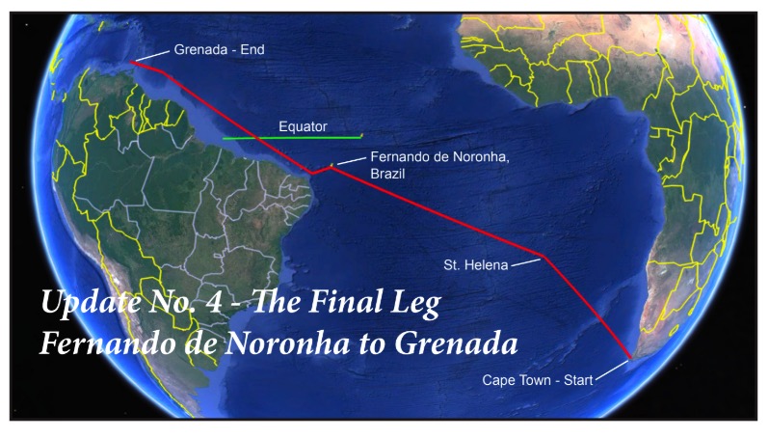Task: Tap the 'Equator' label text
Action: [303, 126]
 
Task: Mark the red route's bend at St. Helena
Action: [544, 257]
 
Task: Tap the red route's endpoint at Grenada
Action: [133, 63]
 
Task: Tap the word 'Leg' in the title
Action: [415, 304]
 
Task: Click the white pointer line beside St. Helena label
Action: [525, 260]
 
